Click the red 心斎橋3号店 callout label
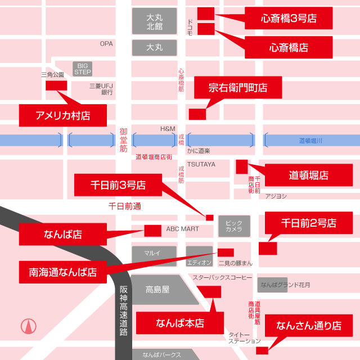click(x=289, y=18)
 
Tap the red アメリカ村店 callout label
click(x=62, y=115)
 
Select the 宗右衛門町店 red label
click(x=237, y=88)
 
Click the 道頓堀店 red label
click(x=308, y=175)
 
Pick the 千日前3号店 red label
click(x=118, y=184)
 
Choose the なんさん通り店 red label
click(x=309, y=325)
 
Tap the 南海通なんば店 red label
click(x=62, y=272)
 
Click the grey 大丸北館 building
click(x=154, y=21)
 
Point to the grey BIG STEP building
click(x=83, y=69)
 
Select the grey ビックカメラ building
click(x=234, y=226)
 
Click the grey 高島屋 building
click(x=157, y=290)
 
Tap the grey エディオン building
click(x=199, y=257)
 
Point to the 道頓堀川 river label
click(x=310, y=141)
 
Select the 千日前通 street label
click(x=124, y=206)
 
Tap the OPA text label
click(x=106, y=43)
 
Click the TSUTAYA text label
click(x=201, y=164)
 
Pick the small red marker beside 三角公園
click(x=56, y=85)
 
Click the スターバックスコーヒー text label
click(x=223, y=277)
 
